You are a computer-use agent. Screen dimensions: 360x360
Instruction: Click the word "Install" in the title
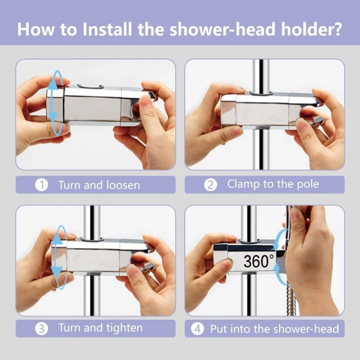point(108,29)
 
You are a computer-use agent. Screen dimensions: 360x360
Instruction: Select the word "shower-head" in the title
point(222,29)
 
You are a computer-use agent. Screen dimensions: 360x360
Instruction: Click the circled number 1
point(41,185)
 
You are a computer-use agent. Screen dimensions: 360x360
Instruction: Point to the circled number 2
point(211,185)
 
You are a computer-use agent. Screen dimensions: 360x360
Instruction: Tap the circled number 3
point(41,328)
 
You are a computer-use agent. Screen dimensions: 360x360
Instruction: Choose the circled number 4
point(198,329)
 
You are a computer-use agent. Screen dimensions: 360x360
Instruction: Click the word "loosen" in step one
point(123,185)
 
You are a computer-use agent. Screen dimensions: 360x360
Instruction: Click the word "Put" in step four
point(219,329)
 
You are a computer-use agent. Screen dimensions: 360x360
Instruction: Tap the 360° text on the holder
point(259,261)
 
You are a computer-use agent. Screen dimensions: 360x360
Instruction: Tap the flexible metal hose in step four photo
point(290,298)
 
